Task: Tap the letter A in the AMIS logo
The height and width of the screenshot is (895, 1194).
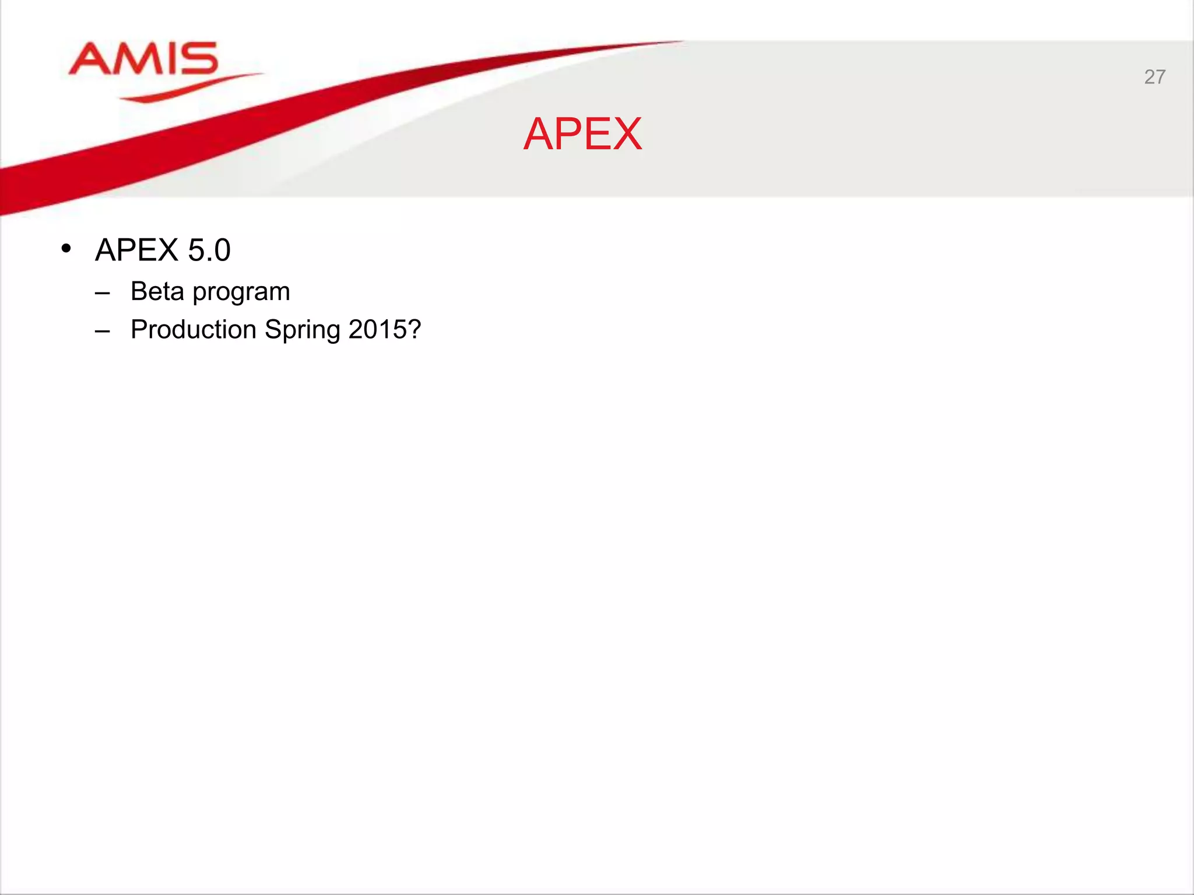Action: tap(91, 59)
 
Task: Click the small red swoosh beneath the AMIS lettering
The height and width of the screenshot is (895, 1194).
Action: tap(187, 87)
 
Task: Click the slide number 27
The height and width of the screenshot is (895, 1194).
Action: tap(1154, 77)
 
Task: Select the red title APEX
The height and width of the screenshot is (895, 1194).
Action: tap(582, 134)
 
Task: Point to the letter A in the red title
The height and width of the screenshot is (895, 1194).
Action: tap(539, 134)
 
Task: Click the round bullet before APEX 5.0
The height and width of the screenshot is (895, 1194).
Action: tap(66, 249)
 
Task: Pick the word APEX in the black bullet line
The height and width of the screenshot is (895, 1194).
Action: tap(136, 250)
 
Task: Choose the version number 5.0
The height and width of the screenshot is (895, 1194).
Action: tap(209, 250)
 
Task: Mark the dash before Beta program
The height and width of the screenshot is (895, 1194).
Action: tap(103, 293)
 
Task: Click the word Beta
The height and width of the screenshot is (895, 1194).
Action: tap(157, 291)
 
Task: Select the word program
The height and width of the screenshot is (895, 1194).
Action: tap(241, 293)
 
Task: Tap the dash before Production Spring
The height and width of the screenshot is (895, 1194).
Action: tap(103, 331)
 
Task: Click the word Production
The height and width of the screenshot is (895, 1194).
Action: tap(194, 329)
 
